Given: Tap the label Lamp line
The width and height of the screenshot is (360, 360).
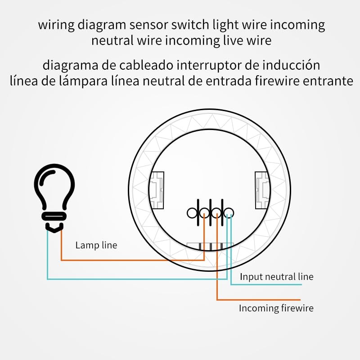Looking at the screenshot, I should [x=96, y=245].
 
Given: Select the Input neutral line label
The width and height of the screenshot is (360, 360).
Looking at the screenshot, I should [x=276, y=276].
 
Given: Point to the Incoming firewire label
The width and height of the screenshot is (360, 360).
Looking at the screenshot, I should [x=276, y=308].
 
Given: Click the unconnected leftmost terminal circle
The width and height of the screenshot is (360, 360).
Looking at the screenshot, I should [x=192, y=212].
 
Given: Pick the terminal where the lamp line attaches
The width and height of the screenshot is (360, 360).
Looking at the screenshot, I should [x=204, y=212].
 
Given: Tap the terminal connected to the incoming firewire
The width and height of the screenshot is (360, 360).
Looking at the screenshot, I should [x=217, y=212].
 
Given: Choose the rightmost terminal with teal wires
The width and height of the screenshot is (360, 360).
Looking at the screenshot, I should [x=229, y=212].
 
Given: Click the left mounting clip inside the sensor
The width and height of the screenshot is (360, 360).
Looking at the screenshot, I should [x=158, y=191].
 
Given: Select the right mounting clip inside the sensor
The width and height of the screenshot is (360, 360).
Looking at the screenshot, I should [x=262, y=191].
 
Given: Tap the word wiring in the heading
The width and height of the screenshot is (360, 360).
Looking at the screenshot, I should [x=56, y=25].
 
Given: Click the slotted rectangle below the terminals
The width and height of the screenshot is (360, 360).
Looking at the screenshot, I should [x=210, y=247].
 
